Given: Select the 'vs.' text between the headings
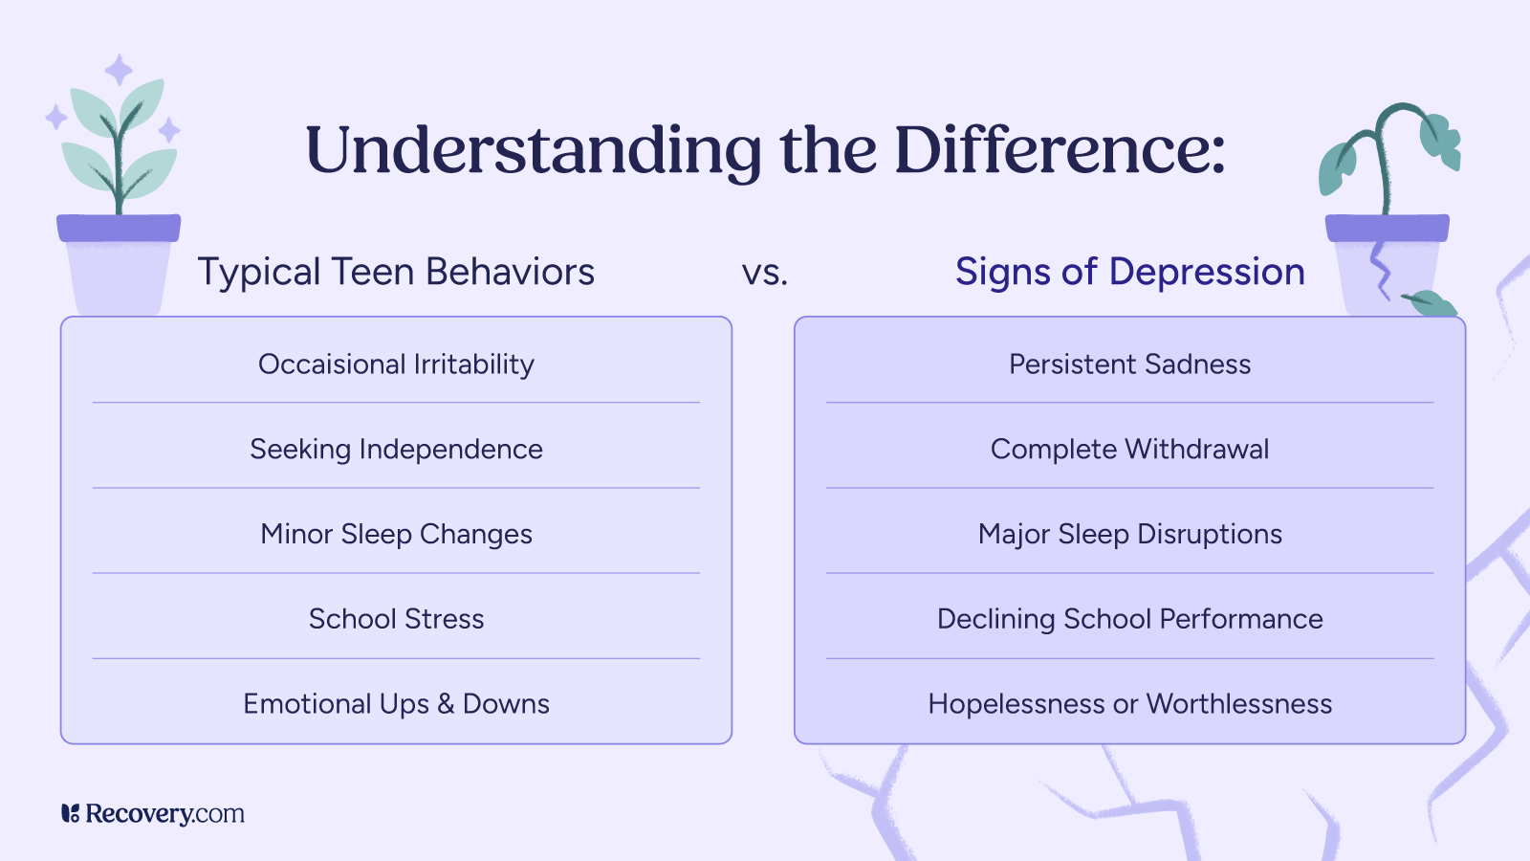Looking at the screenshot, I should tap(765, 274).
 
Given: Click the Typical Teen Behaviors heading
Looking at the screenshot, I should tap(396, 273).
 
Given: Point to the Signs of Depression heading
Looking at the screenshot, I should tap(1129, 273).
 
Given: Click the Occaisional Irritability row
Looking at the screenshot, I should tap(396, 364).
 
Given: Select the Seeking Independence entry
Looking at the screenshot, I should tap(396, 450).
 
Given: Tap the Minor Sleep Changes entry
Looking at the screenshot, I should tap(396, 534).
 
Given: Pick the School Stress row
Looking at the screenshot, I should tap(396, 619).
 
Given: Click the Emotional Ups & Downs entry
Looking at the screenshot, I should tap(396, 704).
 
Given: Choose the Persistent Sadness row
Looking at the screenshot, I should tap(1129, 364).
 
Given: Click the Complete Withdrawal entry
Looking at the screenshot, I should tap(1129, 450).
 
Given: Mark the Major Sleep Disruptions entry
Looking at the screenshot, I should tap(1129, 534).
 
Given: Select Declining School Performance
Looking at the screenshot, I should tap(1129, 619).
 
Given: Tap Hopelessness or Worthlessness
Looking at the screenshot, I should tap(1129, 704).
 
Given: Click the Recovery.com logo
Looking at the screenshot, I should tap(153, 814).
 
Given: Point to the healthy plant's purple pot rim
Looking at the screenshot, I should tap(119, 228).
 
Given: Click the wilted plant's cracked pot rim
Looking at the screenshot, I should tap(1387, 228).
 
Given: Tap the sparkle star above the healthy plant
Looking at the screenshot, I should tap(119, 70).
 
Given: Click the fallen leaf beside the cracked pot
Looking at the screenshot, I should tap(1432, 303).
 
